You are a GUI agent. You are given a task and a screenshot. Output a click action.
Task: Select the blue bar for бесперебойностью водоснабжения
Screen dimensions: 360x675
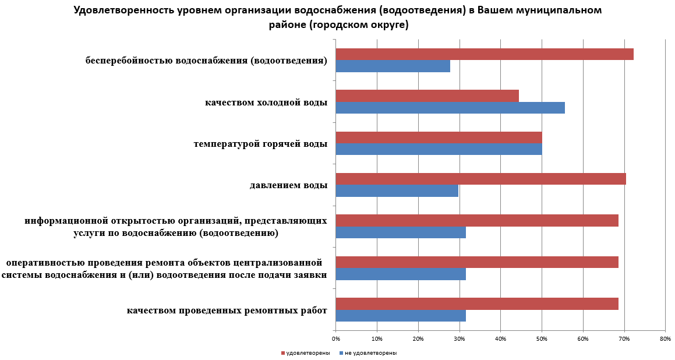[393, 66]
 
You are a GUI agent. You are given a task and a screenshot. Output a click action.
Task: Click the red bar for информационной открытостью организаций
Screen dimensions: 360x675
[477, 221]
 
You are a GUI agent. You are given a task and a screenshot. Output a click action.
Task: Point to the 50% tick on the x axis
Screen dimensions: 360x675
[542, 338]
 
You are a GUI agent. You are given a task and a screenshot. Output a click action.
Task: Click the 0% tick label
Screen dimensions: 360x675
[336, 338]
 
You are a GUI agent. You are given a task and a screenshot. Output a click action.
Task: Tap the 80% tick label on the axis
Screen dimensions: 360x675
[665, 338]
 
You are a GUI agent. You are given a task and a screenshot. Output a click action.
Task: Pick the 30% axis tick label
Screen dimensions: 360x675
[460, 338]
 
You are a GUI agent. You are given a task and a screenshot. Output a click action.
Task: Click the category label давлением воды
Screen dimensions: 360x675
[288, 186]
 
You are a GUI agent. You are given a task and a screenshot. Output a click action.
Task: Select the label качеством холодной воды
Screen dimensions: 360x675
[266, 103]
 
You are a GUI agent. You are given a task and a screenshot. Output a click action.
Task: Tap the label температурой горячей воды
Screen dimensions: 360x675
[260, 143]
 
